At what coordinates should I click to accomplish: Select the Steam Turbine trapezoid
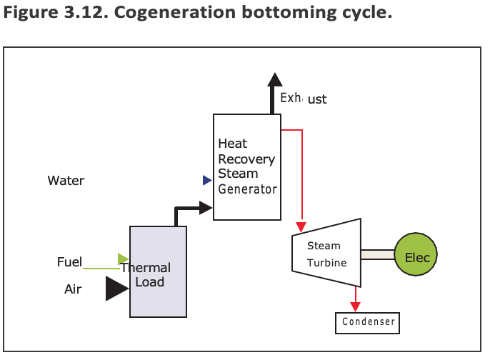pyautogui.click(x=326, y=254)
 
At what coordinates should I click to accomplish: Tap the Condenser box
pyautogui.click(x=367, y=322)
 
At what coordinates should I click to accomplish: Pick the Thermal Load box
pyautogui.click(x=158, y=272)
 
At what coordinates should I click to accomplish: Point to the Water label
pyautogui.click(x=66, y=181)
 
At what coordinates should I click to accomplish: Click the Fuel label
pyautogui.click(x=69, y=262)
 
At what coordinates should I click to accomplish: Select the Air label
pyautogui.click(x=73, y=289)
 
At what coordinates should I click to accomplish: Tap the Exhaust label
pyautogui.click(x=303, y=98)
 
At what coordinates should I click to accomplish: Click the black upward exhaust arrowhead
pyautogui.click(x=272, y=80)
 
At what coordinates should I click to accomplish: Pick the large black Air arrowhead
pyautogui.click(x=116, y=288)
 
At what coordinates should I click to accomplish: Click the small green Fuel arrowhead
pyautogui.click(x=124, y=259)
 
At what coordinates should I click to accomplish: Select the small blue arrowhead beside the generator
pyautogui.click(x=207, y=181)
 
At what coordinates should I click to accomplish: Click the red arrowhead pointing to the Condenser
pyautogui.click(x=354, y=305)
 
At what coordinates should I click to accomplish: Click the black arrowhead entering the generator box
pyautogui.click(x=206, y=208)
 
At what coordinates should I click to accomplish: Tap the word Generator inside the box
pyautogui.click(x=247, y=190)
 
